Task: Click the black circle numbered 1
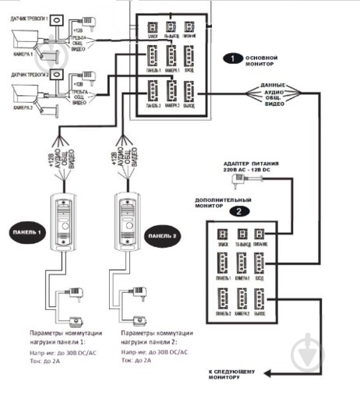pos(231,58)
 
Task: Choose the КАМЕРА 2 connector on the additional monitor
pos(242,300)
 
